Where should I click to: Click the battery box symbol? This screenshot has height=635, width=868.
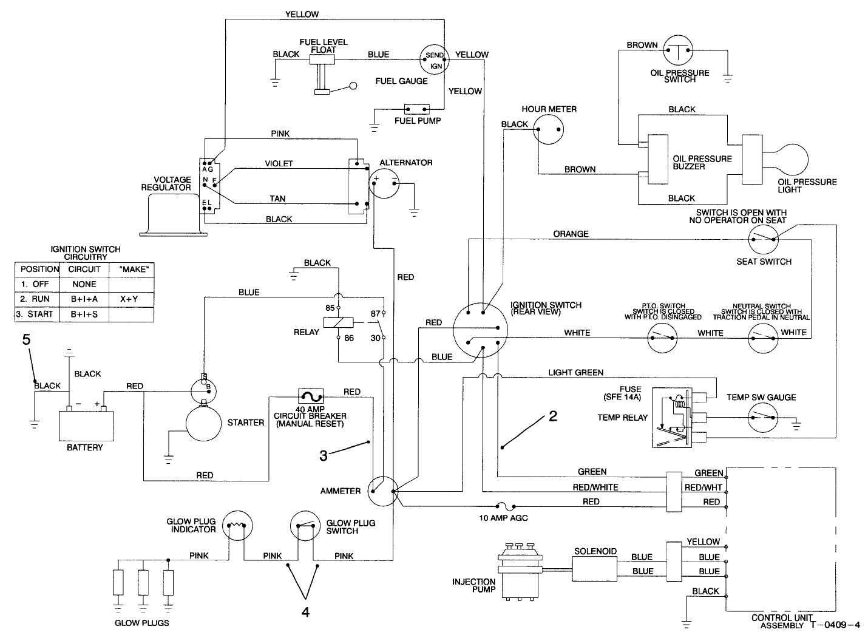tap(86, 426)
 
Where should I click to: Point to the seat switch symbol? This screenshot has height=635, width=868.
tap(764, 240)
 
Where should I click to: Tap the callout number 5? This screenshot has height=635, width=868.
tap(26, 340)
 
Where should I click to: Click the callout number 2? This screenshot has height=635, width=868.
tap(552, 416)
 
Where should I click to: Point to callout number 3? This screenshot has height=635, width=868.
tap(324, 455)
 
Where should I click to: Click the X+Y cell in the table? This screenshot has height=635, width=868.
tap(129, 299)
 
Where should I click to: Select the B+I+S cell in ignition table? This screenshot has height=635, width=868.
tap(84, 314)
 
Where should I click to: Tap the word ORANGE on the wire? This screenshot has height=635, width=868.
tap(571, 234)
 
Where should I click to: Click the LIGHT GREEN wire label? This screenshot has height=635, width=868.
tap(575, 372)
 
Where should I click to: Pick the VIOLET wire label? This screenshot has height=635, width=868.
tap(279, 163)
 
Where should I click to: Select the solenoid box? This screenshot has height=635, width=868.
tap(594, 565)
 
